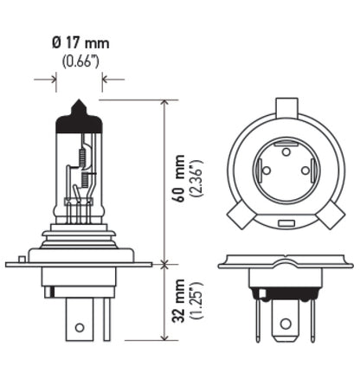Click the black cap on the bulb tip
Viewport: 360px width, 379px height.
coord(79,119)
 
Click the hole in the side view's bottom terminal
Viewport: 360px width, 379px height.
coord(79,329)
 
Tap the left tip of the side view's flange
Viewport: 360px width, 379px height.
coord(8,263)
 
